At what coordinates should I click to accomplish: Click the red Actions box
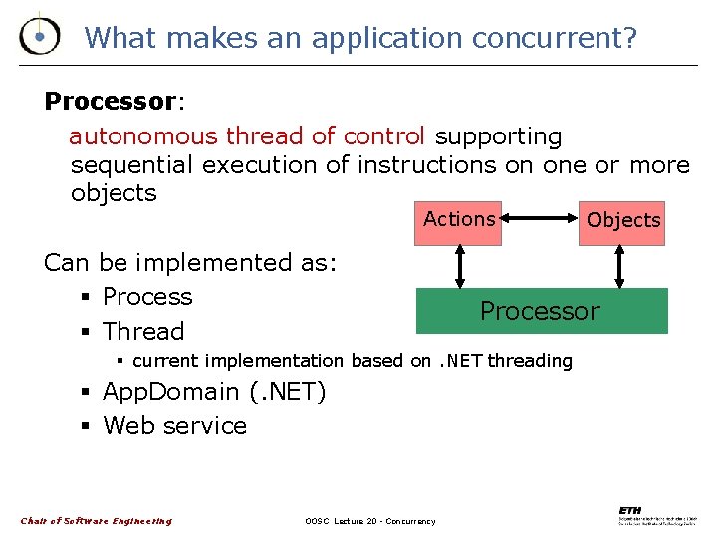click(x=458, y=220)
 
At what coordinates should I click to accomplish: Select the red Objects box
click(x=623, y=220)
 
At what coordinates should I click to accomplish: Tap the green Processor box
click(x=541, y=311)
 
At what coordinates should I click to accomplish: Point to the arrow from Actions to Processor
click(x=459, y=266)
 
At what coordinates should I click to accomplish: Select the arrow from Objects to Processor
click(x=620, y=266)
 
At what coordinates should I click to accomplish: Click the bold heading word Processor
click(x=110, y=102)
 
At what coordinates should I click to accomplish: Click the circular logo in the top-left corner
click(x=39, y=36)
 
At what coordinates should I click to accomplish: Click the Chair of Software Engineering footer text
click(x=97, y=521)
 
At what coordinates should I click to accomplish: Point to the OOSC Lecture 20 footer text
click(x=369, y=521)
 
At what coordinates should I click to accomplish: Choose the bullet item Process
click(x=147, y=297)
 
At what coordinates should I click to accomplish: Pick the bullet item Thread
click(x=143, y=332)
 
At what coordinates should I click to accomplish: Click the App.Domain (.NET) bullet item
click(x=213, y=392)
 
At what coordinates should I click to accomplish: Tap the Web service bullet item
click(x=174, y=426)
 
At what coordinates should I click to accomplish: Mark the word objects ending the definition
click(x=114, y=192)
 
